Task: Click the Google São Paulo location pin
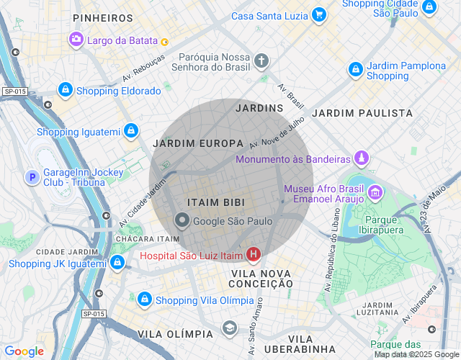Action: click(x=183, y=221)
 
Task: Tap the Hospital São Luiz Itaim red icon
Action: click(x=254, y=254)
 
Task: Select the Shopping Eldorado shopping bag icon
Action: click(x=66, y=90)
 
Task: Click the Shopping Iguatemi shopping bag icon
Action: click(x=130, y=131)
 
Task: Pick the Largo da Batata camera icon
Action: click(x=76, y=40)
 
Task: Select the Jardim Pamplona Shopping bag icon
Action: click(x=355, y=70)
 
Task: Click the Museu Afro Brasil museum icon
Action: click(x=375, y=193)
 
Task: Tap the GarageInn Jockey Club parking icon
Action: click(x=32, y=176)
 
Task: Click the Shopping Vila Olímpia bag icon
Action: click(x=145, y=299)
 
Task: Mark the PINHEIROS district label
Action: click(x=103, y=17)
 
